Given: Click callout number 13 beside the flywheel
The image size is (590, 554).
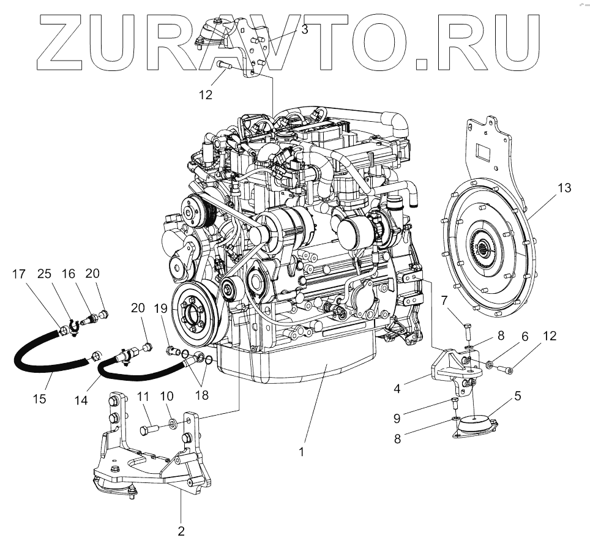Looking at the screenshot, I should pyautogui.click(x=564, y=188).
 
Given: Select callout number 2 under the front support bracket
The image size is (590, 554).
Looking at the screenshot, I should pyautogui.click(x=181, y=531).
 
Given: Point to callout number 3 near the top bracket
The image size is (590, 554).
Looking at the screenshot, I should pyautogui.click(x=304, y=29).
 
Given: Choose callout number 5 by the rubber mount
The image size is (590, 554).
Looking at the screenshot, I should pyautogui.click(x=517, y=396).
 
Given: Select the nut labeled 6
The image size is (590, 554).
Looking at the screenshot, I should pyautogui.click(x=490, y=366).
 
